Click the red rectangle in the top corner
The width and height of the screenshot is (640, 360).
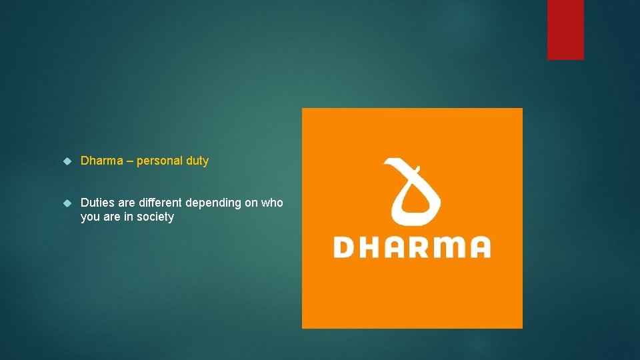565,29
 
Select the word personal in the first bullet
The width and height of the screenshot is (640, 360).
159,161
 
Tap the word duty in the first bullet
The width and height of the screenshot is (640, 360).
197,161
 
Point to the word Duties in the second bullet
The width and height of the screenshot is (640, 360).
97,203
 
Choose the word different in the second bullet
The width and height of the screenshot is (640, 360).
160,203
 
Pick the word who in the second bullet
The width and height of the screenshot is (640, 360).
272,203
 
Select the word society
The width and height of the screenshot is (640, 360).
155,217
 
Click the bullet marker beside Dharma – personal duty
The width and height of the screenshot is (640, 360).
67,161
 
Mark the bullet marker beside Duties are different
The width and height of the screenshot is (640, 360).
67,203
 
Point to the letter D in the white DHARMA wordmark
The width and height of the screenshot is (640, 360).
345,247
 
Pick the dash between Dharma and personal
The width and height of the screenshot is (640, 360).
129,161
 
